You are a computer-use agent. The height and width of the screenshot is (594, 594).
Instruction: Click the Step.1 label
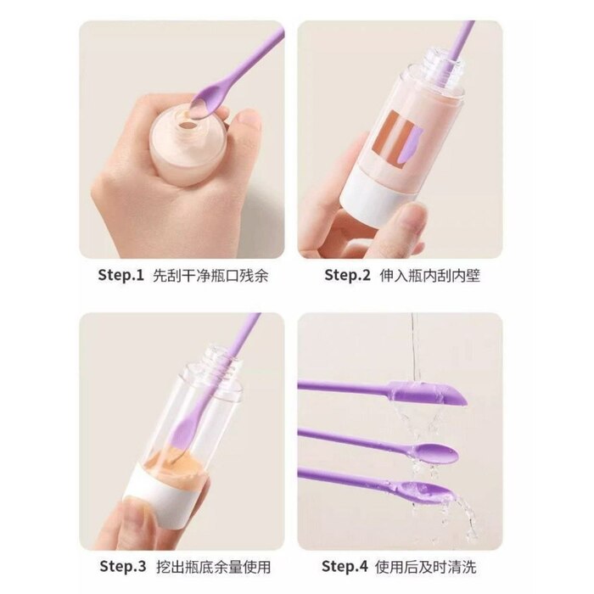pos(121,275)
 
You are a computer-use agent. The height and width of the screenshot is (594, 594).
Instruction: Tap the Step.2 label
pos(347,275)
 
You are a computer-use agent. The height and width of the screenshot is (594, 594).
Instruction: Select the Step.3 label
pos(123,566)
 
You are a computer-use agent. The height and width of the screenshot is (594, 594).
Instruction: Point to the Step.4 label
pos(345,566)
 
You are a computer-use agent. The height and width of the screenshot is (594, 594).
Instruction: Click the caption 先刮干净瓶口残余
pos(210,276)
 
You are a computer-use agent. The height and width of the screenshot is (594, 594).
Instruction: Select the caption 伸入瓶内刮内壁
pos(429,276)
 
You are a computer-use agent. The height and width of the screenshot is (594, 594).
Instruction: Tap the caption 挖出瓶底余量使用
pos(214,567)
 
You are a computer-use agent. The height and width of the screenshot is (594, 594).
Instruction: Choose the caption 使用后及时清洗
pos(425,567)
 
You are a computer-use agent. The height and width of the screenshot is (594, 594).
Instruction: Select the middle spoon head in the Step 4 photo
pos(435,453)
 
